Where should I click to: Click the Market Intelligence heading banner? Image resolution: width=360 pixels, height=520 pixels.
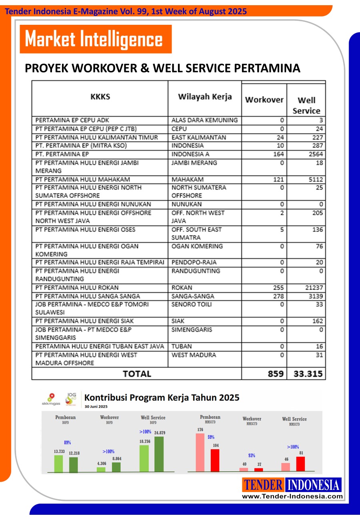click(x=95, y=39)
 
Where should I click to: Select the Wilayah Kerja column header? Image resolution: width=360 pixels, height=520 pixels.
click(x=204, y=97)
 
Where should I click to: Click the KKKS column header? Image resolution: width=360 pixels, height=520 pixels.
click(x=100, y=97)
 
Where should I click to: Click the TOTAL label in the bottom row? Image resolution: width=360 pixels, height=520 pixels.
click(x=137, y=374)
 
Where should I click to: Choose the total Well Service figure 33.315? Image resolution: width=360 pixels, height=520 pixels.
click(x=306, y=374)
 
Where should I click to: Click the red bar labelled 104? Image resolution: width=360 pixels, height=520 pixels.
click(x=215, y=460)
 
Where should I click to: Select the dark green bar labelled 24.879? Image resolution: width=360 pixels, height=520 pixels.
click(x=159, y=454)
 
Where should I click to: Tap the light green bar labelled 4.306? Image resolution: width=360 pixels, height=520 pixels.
click(x=101, y=470)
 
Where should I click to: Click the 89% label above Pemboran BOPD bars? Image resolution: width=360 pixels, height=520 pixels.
click(x=68, y=442)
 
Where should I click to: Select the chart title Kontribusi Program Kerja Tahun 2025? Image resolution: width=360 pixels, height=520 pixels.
click(x=162, y=397)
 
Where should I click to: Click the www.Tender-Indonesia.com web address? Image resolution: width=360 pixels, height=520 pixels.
click(x=292, y=496)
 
